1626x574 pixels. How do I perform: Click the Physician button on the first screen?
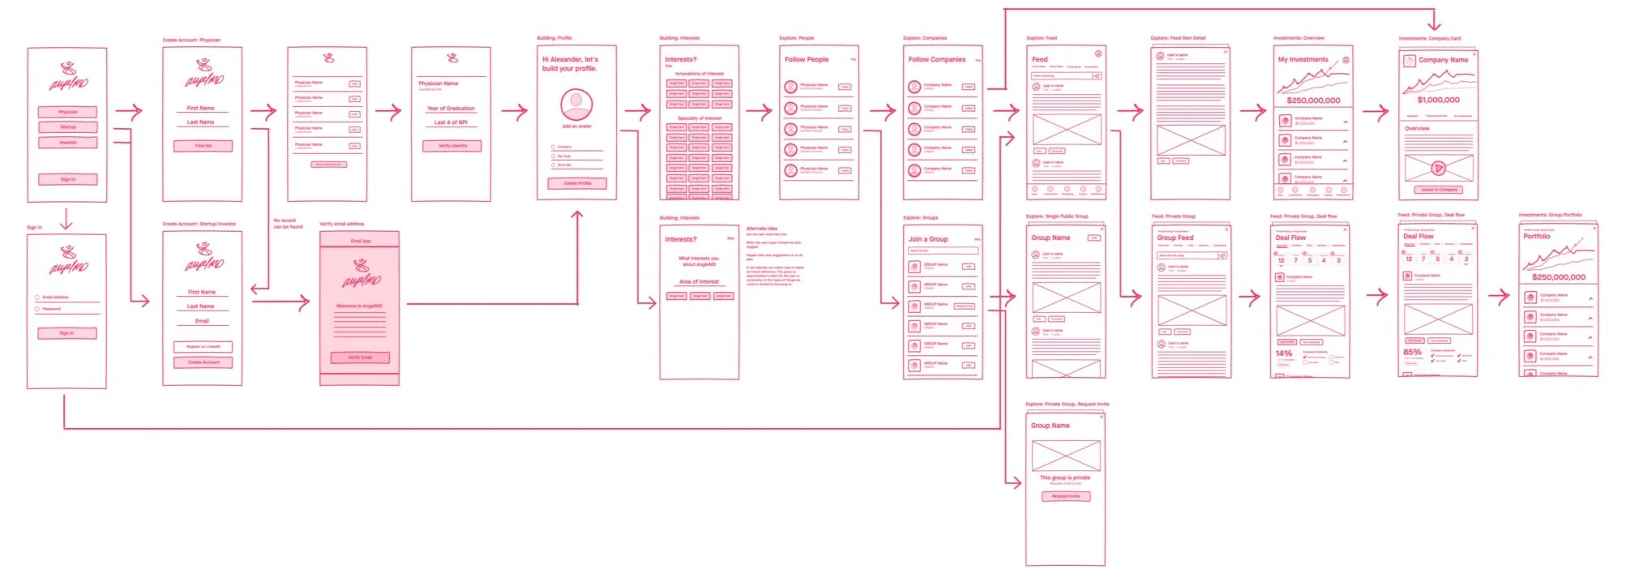click(x=68, y=112)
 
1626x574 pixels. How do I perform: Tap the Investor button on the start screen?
click(x=68, y=143)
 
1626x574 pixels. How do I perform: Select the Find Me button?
click(x=203, y=146)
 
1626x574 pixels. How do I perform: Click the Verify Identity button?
click(x=452, y=146)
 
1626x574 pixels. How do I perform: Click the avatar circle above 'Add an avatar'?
click(x=576, y=105)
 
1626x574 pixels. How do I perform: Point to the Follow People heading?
click(x=807, y=59)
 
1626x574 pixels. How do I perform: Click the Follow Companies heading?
click(x=936, y=59)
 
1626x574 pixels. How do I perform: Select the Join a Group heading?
click(x=928, y=239)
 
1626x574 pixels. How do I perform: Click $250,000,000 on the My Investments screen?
click(x=1313, y=101)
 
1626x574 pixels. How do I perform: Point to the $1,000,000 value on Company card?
click(x=1438, y=100)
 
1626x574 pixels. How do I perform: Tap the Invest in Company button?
click(x=1439, y=190)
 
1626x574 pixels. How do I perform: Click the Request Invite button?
click(x=1065, y=496)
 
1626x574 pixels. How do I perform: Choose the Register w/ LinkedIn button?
click(x=203, y=346)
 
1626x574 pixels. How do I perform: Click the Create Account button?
click(x=203, y=362)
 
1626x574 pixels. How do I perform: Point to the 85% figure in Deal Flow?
click(x=1412, y=353)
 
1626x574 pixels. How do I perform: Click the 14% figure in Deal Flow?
click(x=1284, y=353)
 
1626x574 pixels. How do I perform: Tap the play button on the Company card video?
click(x=1438, y=169)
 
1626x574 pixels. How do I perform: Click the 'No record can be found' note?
click(x=288, y=224)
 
